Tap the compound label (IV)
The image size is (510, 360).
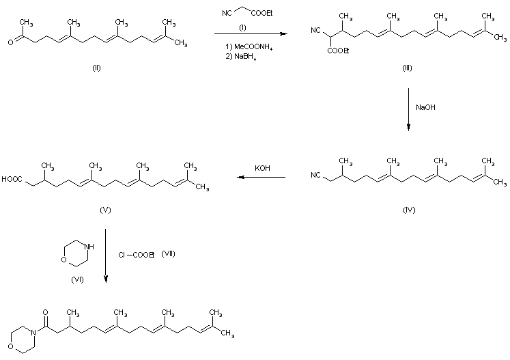pyautogui.click(x=408, y=210)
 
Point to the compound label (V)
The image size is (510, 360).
pyautogui.click(x=105, y=210)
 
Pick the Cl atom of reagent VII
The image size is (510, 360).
pyautogui.click(x=119, y=255)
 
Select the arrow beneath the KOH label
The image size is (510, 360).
pyautogui.click(x=261, y=178)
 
